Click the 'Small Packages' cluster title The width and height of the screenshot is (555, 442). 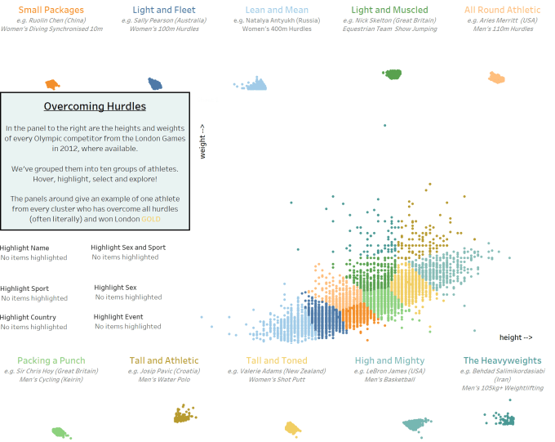(x=51, y=10)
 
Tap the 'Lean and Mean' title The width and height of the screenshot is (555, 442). (x=277, y=10)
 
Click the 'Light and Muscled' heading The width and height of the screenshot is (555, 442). (x=389, y=10)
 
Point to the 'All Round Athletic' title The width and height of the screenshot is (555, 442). (x=502, y=10)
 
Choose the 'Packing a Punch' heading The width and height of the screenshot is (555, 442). (x=51, y=360)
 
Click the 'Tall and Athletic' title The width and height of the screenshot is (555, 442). (x=164, y=360)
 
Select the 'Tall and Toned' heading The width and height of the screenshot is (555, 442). (x=277, y=360)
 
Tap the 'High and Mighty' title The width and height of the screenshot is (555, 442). (x=389, y=360)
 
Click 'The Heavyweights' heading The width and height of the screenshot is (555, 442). (x=502, y=360)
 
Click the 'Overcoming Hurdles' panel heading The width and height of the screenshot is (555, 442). (x=95, y=106)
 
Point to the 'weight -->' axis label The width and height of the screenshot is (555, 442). (x=202, y=140)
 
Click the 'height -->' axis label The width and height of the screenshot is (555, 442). (x=516, y=337)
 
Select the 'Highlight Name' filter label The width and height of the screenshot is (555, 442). (x=24, y=248)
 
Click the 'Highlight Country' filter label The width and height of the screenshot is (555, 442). (x=29, y=317)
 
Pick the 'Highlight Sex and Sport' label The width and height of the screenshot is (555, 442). (x=128, y=247)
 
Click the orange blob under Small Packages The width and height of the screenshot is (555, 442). (x=52, y=84)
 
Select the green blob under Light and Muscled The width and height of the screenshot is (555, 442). (x=393, y=74)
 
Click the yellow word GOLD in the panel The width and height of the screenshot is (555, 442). (x=151, y=219)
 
